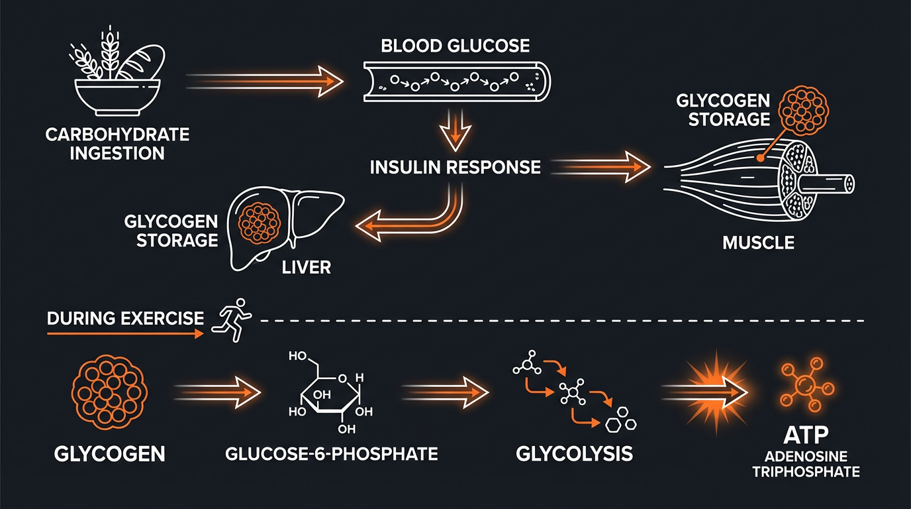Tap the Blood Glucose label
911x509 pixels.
[455, 46]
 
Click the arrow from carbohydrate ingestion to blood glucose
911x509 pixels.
[265, 82]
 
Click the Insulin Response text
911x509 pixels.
[455, 166]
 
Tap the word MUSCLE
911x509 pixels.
[758, 243]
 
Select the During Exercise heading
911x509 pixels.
[126, 318]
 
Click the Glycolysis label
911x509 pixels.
[574, 454]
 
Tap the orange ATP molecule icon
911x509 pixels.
[806, 385]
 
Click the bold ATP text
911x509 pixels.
[806, 438]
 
